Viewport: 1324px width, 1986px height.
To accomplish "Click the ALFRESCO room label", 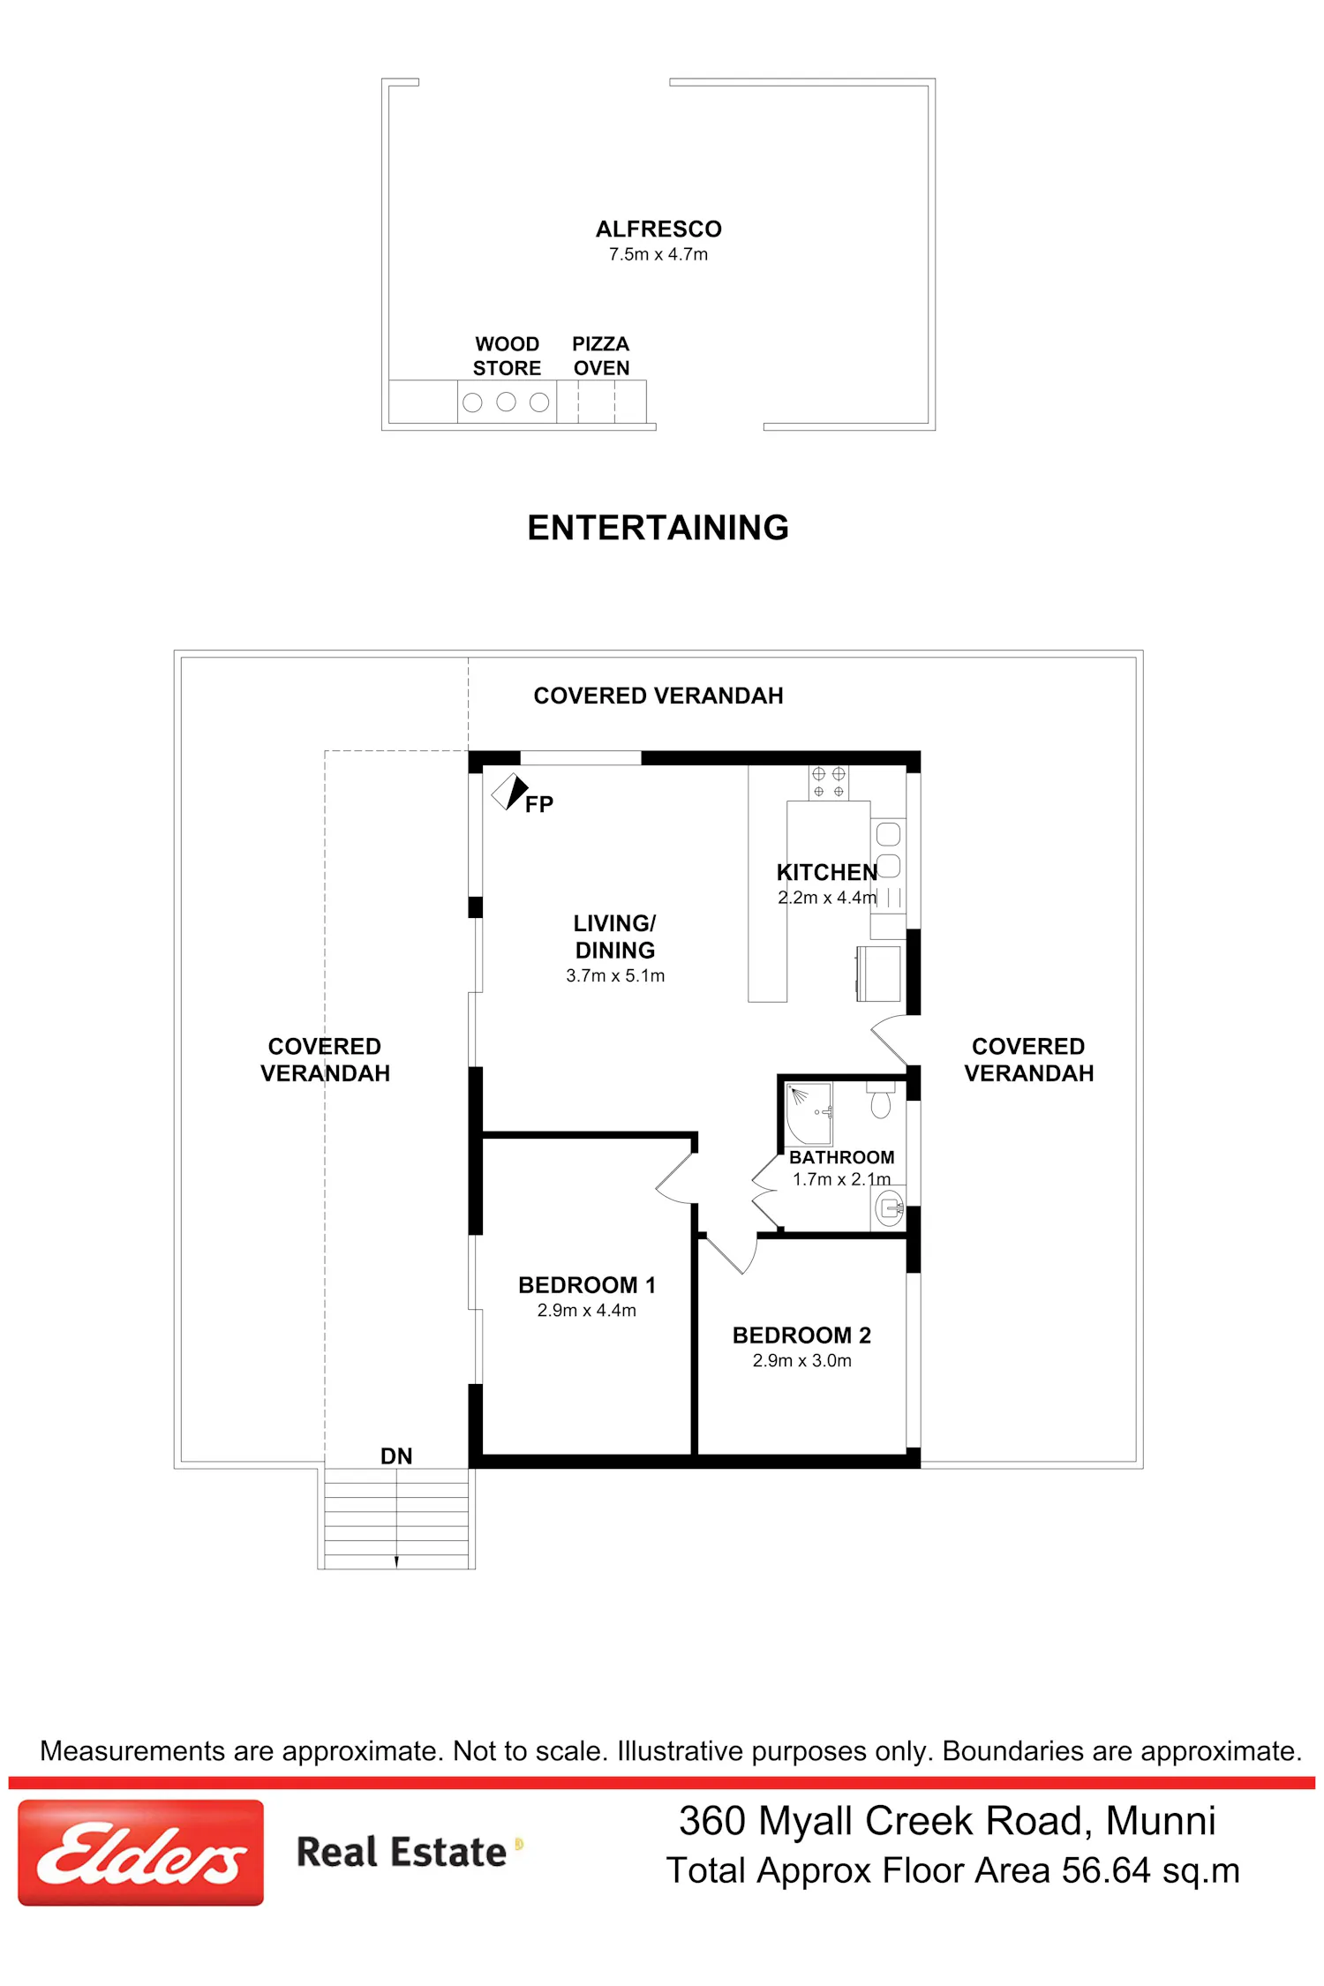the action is click(658, 229).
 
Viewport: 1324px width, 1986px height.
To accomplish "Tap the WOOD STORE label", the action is click(507, 356).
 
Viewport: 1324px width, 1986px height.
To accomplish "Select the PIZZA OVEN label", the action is click(601, 356).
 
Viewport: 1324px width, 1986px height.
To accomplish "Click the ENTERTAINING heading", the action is click(658, 528).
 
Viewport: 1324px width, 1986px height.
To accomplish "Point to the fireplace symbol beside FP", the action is click(509, 792).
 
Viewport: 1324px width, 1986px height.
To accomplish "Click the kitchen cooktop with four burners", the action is click(828, 783).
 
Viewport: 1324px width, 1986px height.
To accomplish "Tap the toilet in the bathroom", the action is click(881, 1100).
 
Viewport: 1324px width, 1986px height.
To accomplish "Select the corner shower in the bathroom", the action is click(809, 1113).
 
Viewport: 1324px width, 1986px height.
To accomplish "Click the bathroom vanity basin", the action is click(890, 1207).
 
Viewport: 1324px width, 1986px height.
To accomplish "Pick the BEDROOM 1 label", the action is click(587, 1285).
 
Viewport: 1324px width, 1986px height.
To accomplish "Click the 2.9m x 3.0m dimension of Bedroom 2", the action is click(801, 1361).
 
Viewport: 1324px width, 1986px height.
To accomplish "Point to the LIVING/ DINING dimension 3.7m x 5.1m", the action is click(615, 975).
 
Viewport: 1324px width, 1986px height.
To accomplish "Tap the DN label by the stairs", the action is click(396, 1456).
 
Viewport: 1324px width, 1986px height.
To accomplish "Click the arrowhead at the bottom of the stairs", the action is click(396, 1561).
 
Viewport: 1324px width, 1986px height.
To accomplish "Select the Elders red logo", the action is click(141, 1853).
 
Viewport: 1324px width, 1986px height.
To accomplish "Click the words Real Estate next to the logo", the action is click(402, 1852).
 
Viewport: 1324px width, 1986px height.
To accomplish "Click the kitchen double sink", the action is click(888, 849).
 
